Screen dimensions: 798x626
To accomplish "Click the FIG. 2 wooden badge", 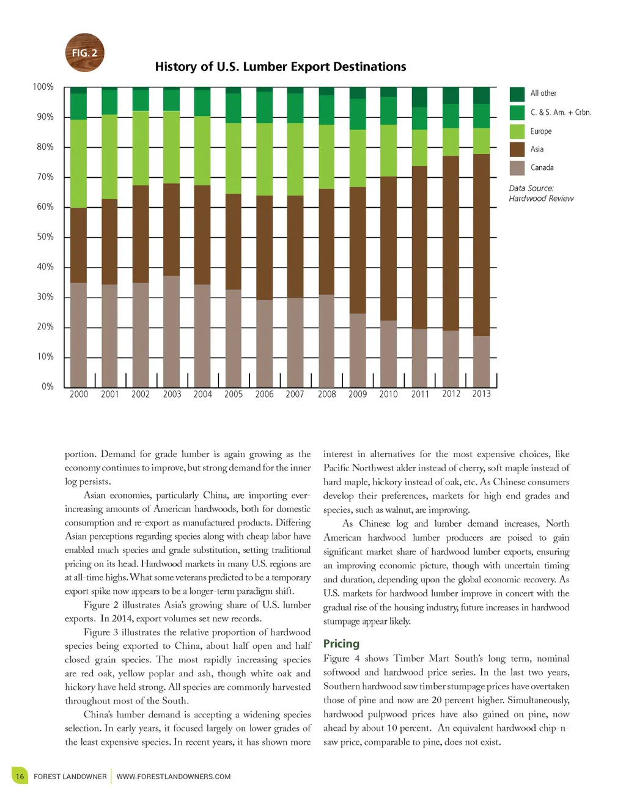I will coord(85,53).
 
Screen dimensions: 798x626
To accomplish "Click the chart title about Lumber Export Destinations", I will coord(281,67).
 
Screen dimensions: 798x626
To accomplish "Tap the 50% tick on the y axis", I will coord(45,236).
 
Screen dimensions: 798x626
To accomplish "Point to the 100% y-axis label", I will coord(43,87).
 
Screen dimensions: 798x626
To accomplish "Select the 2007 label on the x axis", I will coord(295,395).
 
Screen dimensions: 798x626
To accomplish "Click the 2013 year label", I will coord(481,394).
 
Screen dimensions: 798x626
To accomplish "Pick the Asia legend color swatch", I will coord(517,150).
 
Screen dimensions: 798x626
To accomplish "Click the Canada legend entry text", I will coord(542,167).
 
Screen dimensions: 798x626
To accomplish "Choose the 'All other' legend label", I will coord(543,93).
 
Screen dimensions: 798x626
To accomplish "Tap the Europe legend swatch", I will coord(517,131).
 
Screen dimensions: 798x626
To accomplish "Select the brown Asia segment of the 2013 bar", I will coord(481,244).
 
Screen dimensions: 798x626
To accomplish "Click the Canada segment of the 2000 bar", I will coord(78,334).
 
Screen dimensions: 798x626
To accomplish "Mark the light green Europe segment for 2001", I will coord(109,156).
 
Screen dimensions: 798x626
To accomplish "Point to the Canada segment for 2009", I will coord(358,350).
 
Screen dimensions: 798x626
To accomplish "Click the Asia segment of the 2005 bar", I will coord(234,241).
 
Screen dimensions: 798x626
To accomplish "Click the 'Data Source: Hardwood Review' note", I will coord(541,193).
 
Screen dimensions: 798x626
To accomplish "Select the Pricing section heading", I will coord(341,643).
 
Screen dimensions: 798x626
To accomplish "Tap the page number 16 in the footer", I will coord(20,777).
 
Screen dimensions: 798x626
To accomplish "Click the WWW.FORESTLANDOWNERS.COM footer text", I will coord(174,777).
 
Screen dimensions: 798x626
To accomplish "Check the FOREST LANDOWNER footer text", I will coord(70,777).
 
